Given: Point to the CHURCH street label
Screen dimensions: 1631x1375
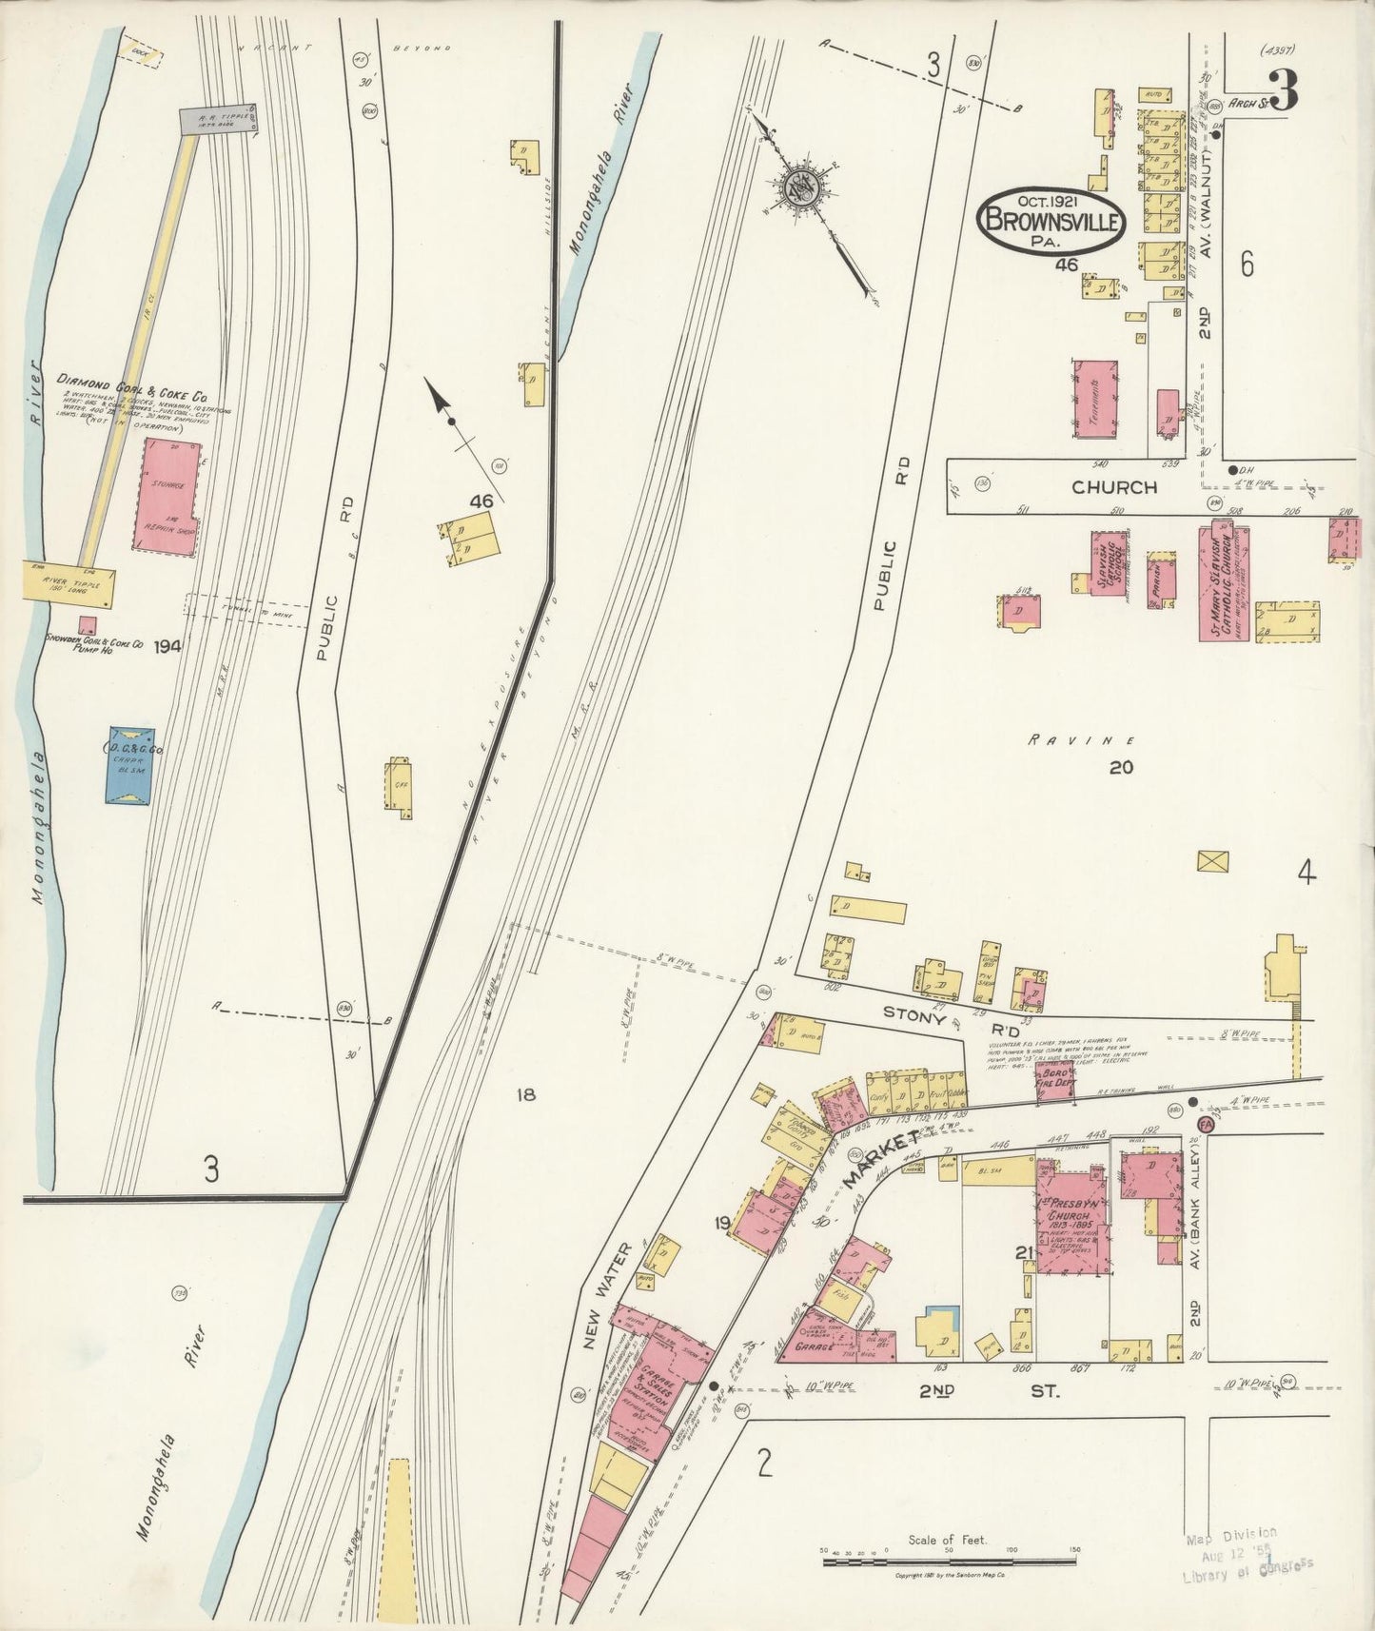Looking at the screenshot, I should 1114,487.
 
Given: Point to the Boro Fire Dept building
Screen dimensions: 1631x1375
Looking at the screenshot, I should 1054,1082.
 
